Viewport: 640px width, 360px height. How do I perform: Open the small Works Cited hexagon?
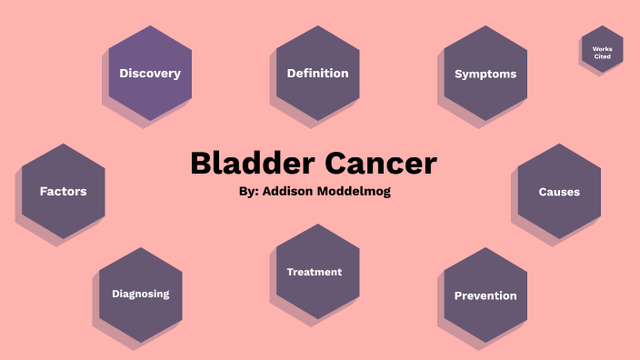pos(602,50)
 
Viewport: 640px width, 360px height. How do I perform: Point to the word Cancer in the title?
pos(381,164)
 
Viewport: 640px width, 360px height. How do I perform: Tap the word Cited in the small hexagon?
pos(602,57)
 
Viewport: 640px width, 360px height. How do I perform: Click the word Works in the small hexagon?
pos(602,48)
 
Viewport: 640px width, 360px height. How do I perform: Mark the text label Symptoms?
pos(485,75)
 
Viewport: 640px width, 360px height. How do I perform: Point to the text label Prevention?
pos(485,295)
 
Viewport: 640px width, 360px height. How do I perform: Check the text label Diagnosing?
pos(140,294)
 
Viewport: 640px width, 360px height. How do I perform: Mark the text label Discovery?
pos(150,74)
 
